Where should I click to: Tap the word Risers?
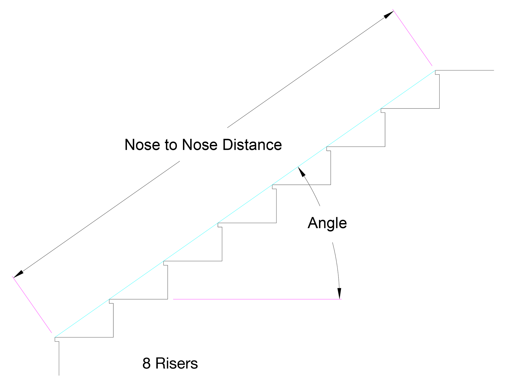pos(176,363)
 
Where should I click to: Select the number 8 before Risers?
pos(146,363)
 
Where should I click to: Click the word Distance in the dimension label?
pos(252,145)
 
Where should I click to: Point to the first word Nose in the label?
pos(142,145)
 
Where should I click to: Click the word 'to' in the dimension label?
pos(171,145)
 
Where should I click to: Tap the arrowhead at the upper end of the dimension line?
pos(389,15)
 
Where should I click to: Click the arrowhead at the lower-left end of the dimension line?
pos(18,274)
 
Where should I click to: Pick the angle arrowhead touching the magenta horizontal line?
pos(340,293)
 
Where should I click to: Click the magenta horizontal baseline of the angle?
pos(257,299)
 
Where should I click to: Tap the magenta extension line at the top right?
pos(412,38)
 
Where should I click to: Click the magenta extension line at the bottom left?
pos(32,304)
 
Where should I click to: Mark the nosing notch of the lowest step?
pos(57,339)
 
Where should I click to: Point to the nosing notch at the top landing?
pos(437,72)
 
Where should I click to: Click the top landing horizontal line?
pos(465,70)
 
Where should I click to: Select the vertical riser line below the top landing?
pos(439,91)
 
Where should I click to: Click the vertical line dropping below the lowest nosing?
pos(59,358)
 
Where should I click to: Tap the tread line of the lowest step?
pos(84,337)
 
